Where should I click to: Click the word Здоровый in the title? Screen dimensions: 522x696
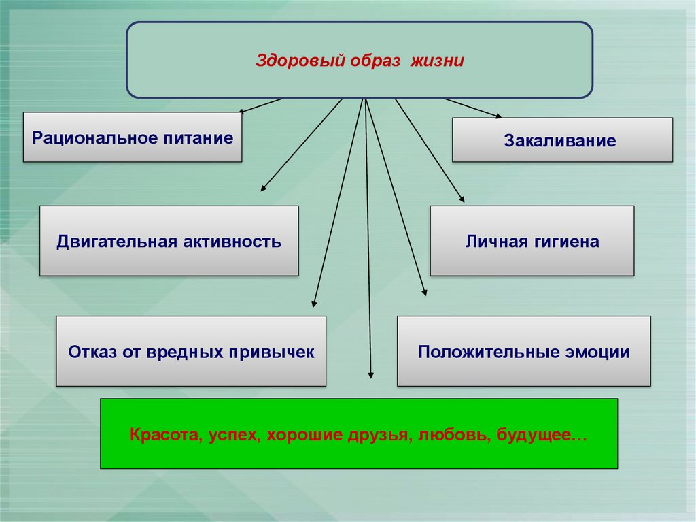[291, 61]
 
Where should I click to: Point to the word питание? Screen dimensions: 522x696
[198, 138]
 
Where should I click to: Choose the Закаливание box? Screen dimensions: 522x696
[562, 140]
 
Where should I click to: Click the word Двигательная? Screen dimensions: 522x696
[114, 241]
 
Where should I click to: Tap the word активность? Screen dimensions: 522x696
[231, 241]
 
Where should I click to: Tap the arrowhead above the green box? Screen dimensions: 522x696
[370, 373]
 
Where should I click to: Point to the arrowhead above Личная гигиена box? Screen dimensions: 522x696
[462, 199]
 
